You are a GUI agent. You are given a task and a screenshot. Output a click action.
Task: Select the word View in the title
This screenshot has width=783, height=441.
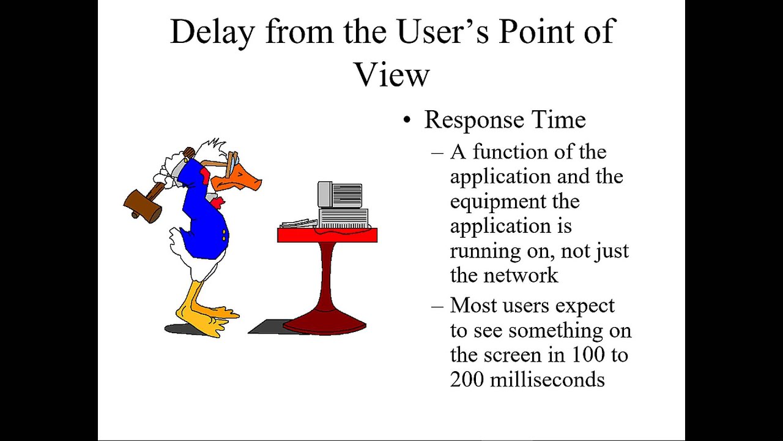point(391,75)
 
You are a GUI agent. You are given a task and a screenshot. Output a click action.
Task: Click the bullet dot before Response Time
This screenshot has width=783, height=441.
point(407,121)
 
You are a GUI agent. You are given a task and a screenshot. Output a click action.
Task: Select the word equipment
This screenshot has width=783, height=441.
point(514,202)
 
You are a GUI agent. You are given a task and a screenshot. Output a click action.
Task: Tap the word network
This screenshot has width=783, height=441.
point(521,276)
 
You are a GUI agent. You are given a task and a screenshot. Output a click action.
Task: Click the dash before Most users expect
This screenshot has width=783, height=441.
point(437,305)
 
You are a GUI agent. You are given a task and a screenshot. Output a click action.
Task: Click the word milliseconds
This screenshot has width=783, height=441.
point(547,380)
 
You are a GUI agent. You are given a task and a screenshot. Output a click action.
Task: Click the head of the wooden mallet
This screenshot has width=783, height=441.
point(142,205)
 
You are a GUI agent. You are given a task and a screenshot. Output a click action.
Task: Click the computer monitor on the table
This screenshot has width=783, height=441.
point(340,195)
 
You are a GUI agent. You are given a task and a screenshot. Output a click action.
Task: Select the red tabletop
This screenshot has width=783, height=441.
point(327,235)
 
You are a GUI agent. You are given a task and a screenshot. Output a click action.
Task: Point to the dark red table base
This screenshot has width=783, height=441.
point(325,318)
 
